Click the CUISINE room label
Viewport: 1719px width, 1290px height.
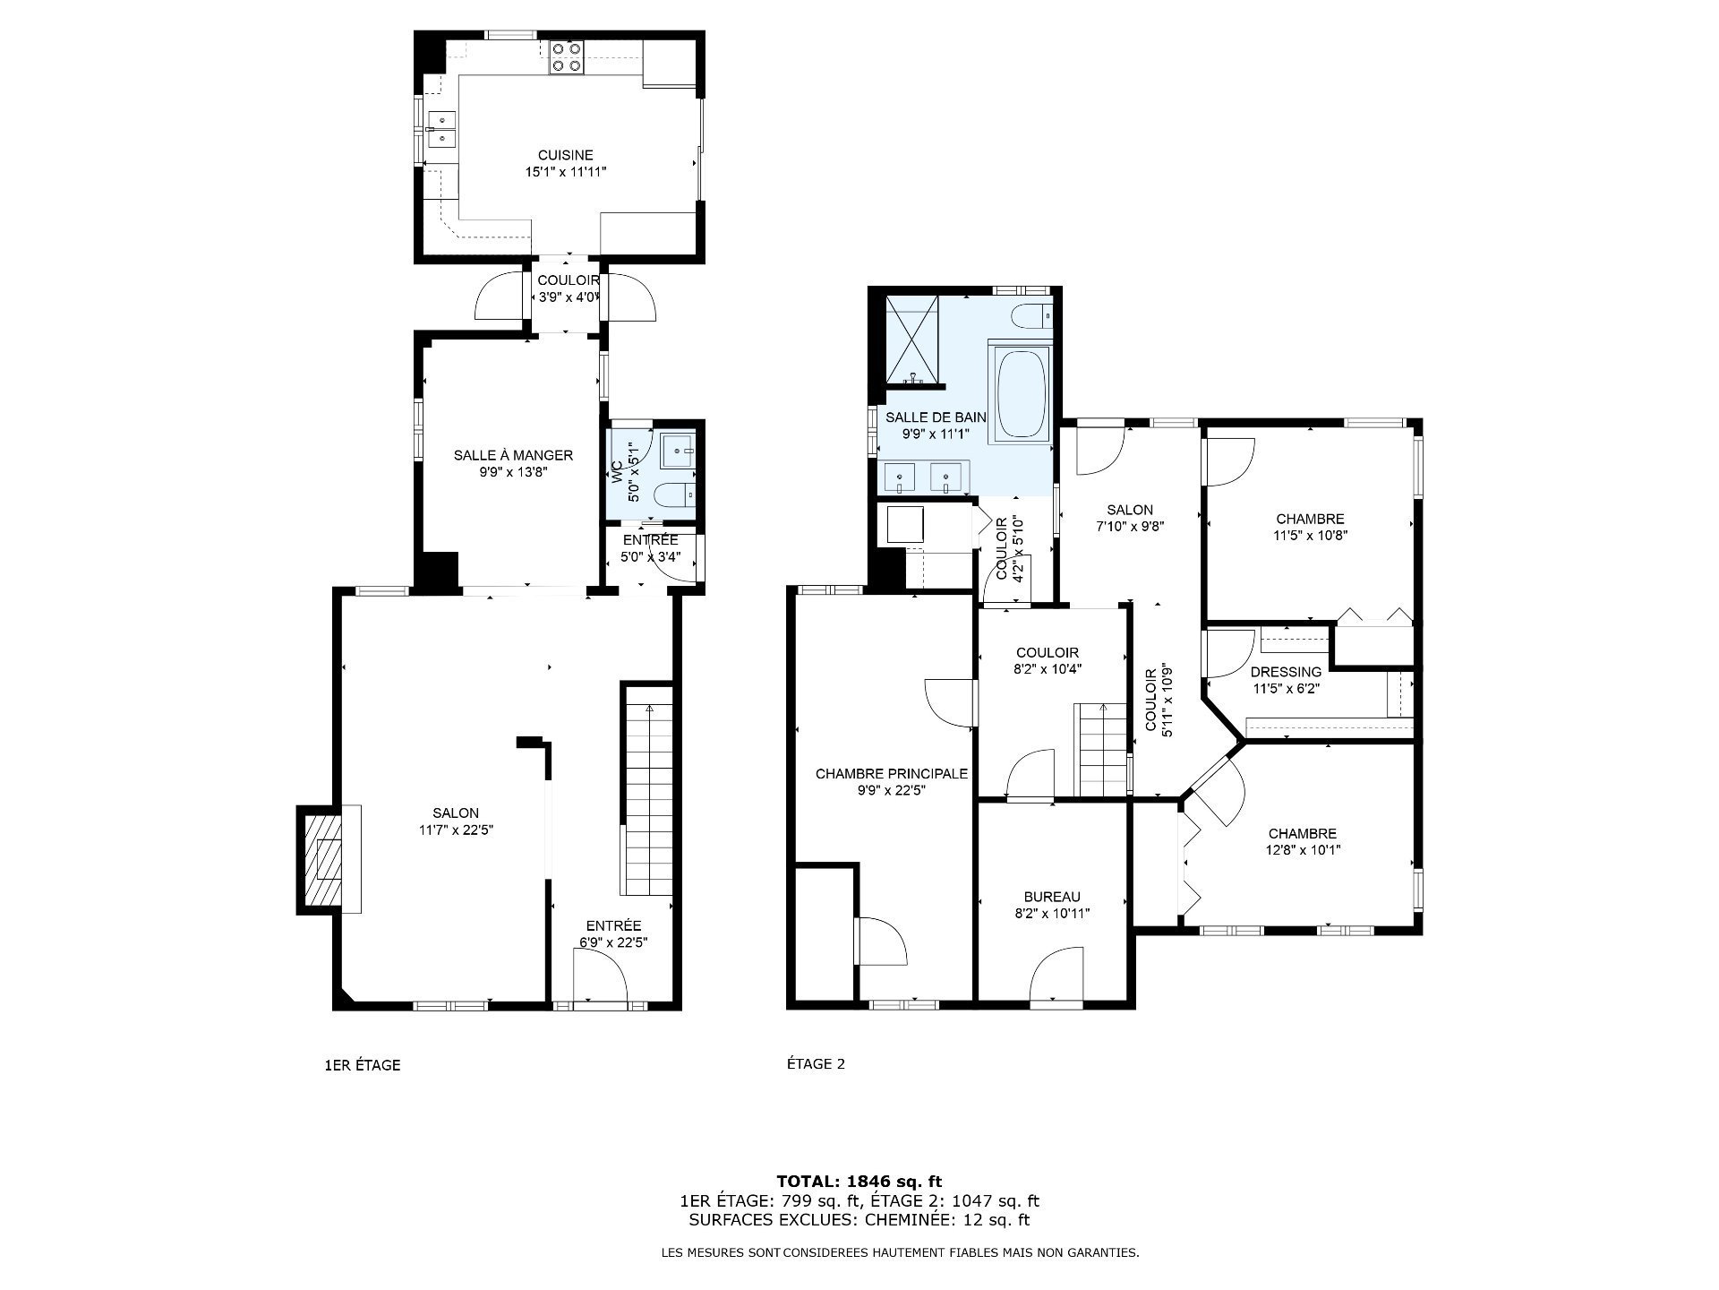coord(565,155)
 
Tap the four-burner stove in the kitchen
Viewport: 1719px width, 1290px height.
coord(567,56)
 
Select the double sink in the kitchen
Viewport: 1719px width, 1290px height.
coord(440,129)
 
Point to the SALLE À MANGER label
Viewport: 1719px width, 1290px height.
coord(513,455)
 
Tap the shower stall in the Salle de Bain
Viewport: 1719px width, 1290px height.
coord(912,339)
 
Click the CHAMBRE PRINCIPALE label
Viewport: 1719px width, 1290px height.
coord(892,773)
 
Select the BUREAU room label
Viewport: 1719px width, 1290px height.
coord(1052,897)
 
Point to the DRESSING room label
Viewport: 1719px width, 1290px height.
coord(1286,672)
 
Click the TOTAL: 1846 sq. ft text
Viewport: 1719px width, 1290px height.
coord(859,1182)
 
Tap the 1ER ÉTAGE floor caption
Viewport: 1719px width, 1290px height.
coord(362,1065)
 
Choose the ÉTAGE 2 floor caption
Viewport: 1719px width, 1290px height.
coord(816,1064)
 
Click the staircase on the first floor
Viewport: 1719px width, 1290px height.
coord(647,788)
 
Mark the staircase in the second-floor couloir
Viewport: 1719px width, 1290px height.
coord(1102,750)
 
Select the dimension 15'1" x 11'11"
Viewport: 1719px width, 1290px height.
coord(566,171)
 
